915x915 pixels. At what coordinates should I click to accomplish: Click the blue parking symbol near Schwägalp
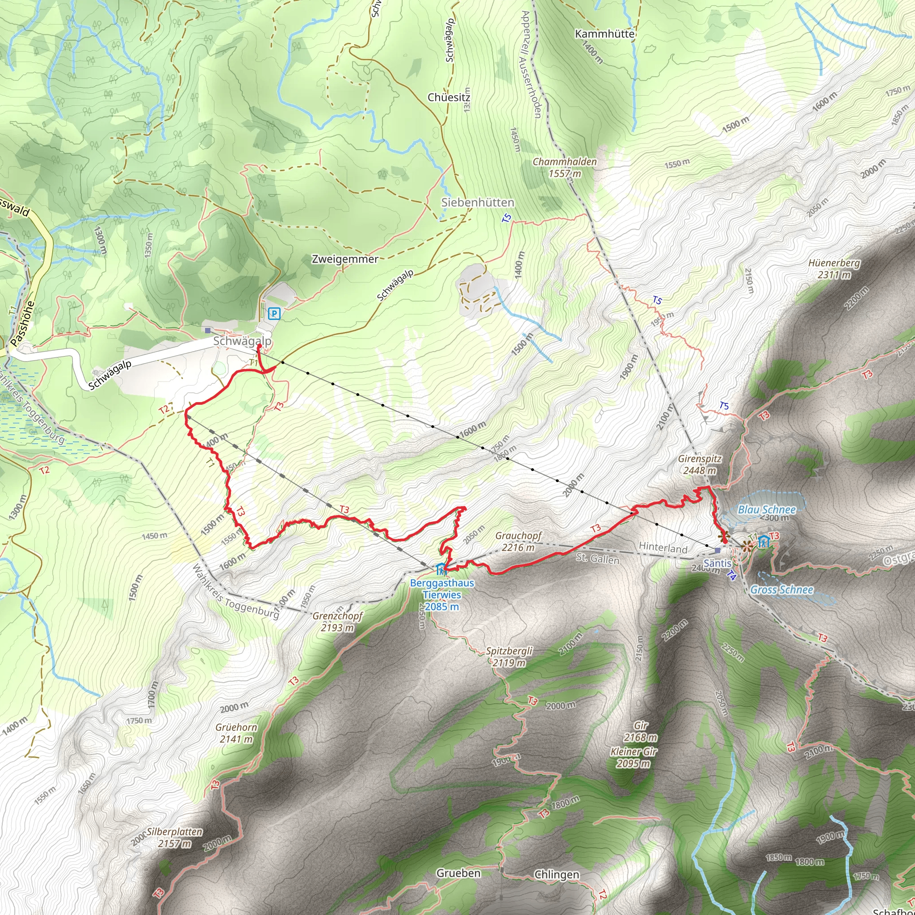pos(274,313)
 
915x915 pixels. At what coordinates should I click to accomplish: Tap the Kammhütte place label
pos(604,34)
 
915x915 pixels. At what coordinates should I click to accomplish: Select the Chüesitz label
pos(449,97)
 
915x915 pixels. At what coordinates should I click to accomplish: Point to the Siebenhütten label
pos(478,203)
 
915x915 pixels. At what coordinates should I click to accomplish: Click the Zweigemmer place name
pos(345,259)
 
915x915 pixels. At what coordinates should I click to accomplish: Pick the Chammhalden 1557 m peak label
pos(565,168)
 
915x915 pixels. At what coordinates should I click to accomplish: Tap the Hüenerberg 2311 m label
pos(834,269)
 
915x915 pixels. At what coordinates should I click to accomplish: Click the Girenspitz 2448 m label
pos(700,465)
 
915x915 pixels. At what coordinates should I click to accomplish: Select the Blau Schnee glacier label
pos(767,510)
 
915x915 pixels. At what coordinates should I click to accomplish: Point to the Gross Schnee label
pos(781,590)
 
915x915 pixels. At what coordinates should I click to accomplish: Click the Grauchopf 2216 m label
pos(518,542)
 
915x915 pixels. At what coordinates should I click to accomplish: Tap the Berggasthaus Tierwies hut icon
pos(441,568)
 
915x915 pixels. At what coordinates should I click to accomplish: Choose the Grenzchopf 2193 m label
pos(337,622)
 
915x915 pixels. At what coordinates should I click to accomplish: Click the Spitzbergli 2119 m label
pos(509,657)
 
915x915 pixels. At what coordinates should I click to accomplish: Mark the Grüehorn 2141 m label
pos(236,733)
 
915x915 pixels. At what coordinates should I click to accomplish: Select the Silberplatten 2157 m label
pos(174,837)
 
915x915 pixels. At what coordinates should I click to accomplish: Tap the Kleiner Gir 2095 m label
pos(634,757)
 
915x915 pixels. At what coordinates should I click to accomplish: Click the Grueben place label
pos(458,873)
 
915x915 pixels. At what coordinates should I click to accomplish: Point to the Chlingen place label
pos(557,874)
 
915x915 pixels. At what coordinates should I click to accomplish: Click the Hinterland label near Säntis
pos(663,547)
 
